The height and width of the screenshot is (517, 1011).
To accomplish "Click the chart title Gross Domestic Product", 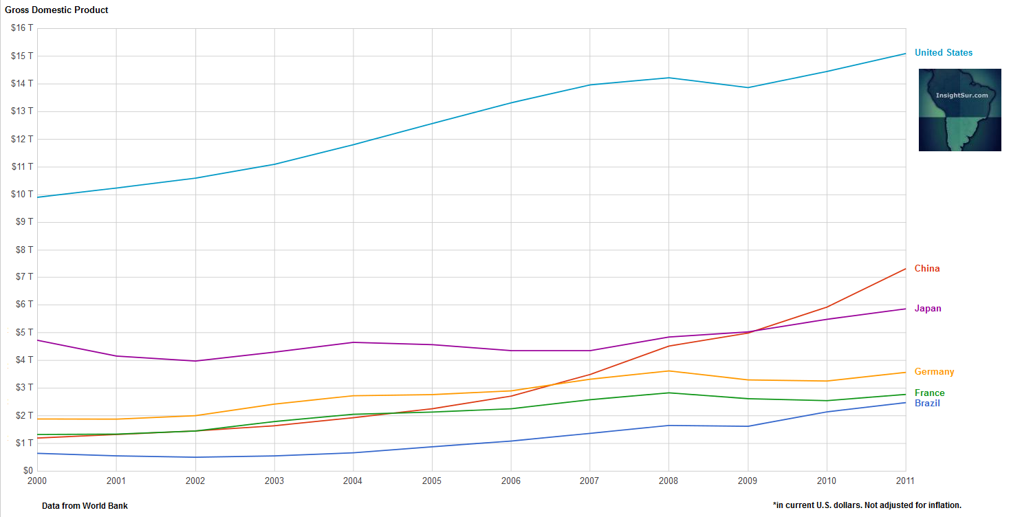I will tap(56, 10).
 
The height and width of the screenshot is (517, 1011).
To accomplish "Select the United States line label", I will tap(944, 53).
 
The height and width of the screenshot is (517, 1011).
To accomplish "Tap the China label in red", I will tap(926, 269).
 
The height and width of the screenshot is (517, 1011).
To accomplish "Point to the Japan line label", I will tap(928, 309).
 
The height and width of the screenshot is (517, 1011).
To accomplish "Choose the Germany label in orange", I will tap(934, 372).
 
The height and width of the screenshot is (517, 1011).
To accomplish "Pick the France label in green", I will tap(929, 393).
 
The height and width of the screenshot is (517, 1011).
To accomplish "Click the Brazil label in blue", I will tap(927, 404).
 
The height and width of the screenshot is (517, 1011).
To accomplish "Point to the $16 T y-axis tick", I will tap(22, 28).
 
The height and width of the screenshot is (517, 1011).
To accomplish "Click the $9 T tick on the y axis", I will tap(24, 222).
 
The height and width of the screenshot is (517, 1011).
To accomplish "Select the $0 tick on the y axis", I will tap(27, 471).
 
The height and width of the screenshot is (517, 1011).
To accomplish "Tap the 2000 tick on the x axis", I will tap(37, 481).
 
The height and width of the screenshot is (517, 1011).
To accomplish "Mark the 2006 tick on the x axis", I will tap(511, 481).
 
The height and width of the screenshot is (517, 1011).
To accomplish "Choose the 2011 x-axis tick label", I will tap(905, 481).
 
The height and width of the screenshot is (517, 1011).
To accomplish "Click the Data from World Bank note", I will tap(85, 506).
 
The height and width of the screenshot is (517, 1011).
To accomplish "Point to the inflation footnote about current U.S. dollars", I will tap(867, 506).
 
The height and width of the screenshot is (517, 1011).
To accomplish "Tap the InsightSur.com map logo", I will tap(959, 110).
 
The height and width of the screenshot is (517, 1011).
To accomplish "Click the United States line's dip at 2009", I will tap(748, 87).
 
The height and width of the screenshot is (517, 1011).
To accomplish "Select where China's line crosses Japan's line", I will tap(754, 332).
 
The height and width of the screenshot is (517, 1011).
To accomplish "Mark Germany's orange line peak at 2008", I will tap(668, 371).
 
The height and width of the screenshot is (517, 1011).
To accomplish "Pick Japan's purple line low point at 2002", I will tap(195, 361).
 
